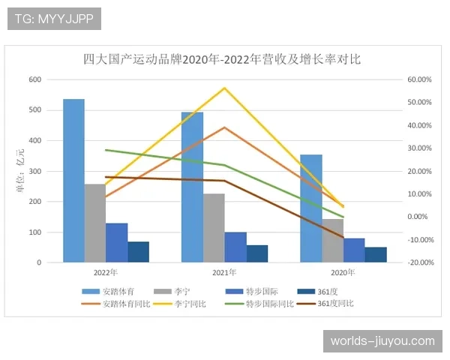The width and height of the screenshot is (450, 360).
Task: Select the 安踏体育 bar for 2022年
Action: click(x=73, y=181)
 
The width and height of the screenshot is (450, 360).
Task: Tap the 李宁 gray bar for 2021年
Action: click(x=214, y=228)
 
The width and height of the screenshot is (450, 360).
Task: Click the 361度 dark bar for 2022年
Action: click(x=138, y=252)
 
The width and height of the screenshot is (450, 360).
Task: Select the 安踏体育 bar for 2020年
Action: click(x=311, y=208)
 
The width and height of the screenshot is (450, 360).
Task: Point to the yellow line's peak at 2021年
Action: click(x=224, y=88)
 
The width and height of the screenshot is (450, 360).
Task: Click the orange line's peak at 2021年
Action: click(x=224, y=127)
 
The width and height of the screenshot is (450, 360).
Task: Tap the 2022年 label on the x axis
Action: click(x=106, y=273)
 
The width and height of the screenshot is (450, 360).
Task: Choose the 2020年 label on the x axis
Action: click(x=343, y=273)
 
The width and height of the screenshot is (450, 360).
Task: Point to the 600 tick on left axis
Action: click(x=35, y=79)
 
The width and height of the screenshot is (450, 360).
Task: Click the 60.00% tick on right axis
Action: click(x=419, y=79)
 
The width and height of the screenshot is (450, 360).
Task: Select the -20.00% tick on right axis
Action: click(x=419, y=262)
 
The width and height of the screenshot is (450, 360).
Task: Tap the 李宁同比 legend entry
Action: click(x=184, y=304)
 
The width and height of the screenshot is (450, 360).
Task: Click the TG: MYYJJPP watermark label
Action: click(x=54, y=19)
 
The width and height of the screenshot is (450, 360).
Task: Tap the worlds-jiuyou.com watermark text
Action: click(x=382, y=341)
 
